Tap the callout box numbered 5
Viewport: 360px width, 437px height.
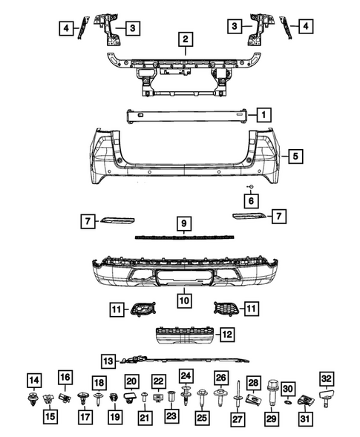[x=295, y=157]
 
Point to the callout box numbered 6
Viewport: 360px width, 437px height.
[x=251, y=200]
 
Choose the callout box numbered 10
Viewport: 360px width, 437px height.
[x=181, y=300]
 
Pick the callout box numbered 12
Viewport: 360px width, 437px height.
[x=226, y=334]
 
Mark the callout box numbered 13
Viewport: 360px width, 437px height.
[x=109, y=361]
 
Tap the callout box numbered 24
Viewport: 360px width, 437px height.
[x=185, y=375]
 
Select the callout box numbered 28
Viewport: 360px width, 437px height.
[x=253, y=381]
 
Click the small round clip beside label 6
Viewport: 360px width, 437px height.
[x=251, y=184]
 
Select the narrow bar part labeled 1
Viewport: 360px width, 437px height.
[x=189, y=114]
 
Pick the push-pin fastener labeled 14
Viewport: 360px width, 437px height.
[x=33, y=404]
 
